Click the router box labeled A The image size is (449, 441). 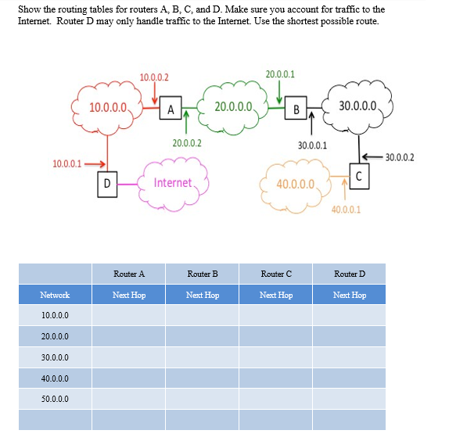[x=171, y=108]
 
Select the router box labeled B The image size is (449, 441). [x=296, y=108]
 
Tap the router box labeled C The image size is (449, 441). [x=359, y=176]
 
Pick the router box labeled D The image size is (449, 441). [x=107, y=185]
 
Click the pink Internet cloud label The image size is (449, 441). [x=173, y=183]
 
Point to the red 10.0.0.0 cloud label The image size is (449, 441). [x=108, y=108]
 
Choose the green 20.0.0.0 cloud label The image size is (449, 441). [x=233, y=107]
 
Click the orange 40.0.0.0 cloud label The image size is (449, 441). [x=296, y=184]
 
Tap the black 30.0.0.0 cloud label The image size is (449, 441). [x=357, y=106]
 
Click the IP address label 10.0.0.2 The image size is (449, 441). [x=154, y=77]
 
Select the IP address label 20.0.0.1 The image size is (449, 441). [x=280, y=74]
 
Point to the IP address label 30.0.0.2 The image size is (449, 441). [x=400, y=157]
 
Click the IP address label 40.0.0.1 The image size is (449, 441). [x=346, y=210]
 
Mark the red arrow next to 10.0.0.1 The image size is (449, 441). [x=95, y=164]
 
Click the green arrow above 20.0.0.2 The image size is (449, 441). [x=186, y=122]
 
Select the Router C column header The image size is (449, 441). [x=276, y=274]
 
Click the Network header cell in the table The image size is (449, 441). [x=55, y=295]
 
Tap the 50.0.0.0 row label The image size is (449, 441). [x=55, y=399]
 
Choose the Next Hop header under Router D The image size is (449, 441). [x=350, y=295]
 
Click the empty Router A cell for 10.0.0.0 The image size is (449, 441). [x=128, y=315]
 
